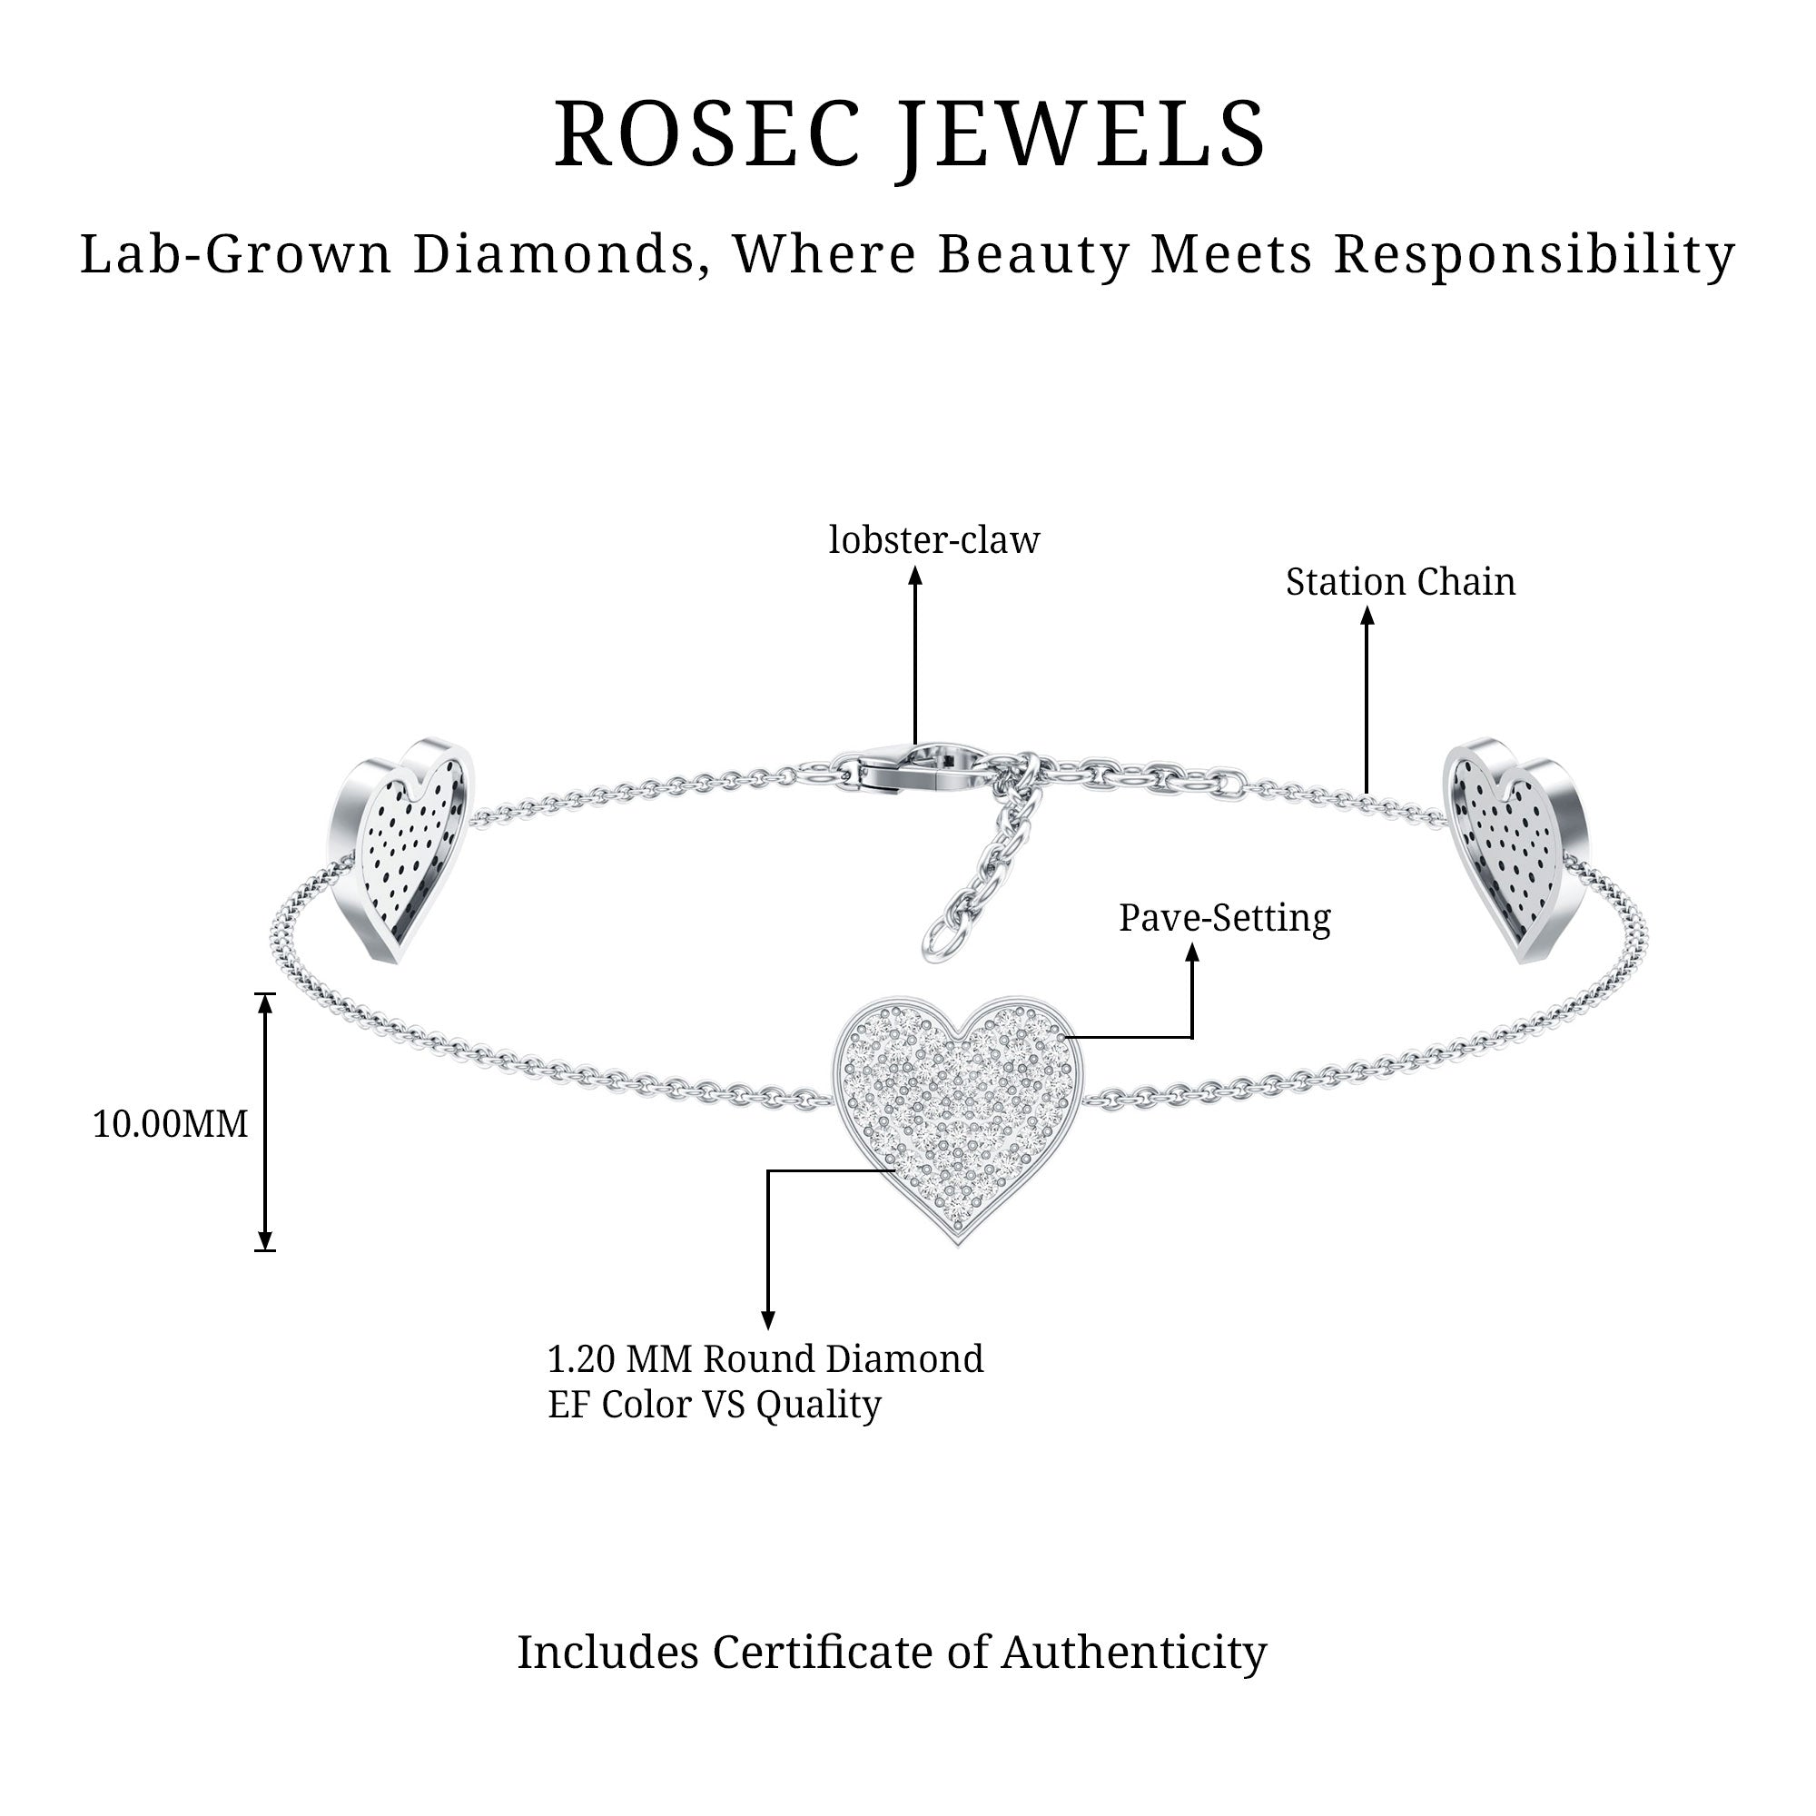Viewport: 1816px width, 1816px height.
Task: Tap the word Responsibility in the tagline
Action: coord(1534,255)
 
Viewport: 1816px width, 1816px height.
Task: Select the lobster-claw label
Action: coord(933,540)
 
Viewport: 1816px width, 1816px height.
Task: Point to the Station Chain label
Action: coord(1399,582)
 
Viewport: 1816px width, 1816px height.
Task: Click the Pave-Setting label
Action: coord(1224,918)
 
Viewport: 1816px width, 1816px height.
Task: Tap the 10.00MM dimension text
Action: coord(170,1124)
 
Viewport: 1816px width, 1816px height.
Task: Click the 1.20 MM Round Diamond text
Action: coord(765,1359)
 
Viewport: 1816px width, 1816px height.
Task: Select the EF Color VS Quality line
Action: coord(715,1405)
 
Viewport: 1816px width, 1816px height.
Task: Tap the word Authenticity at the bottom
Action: coord(1133,1652)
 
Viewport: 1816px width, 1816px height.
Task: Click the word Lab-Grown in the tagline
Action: coord(235,255)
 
